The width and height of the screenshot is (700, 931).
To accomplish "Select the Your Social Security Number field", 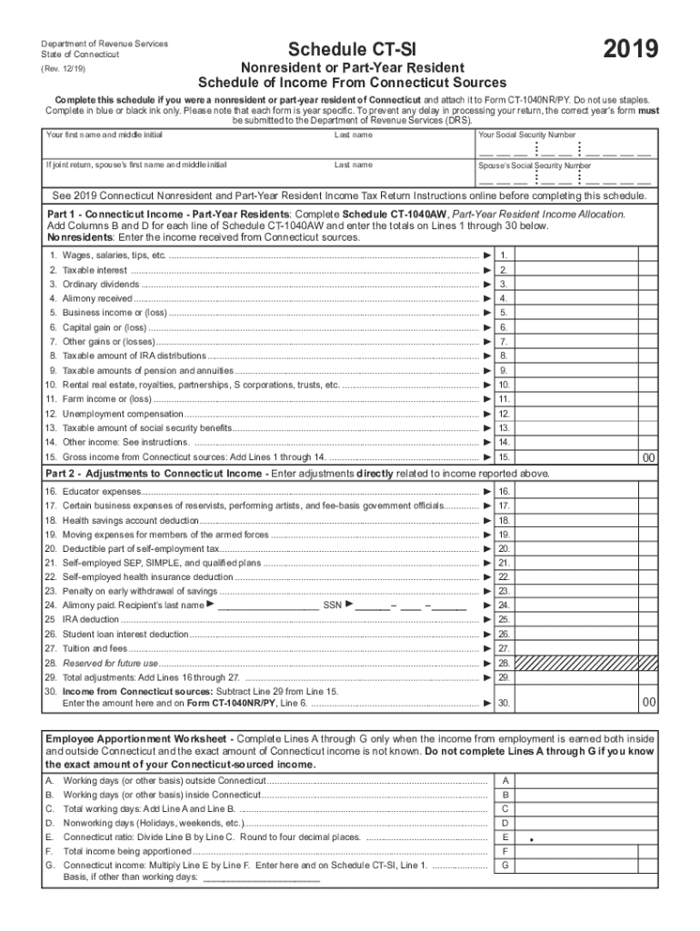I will pyautogui.click(x=565, y=149).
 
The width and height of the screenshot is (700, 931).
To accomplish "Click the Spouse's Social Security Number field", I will pyautogui.click(x=565, y=179).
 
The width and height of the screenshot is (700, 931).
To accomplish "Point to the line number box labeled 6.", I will pyautogui.click(x=504, y=327).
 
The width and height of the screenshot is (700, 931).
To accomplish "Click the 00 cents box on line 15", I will pyautogui.click(x=648, y=457).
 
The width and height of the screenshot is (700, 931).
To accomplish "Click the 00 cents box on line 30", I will pyautogui.click(x=648, y=703).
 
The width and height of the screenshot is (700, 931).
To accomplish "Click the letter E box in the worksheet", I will pyautogui.click(x=505, y=836).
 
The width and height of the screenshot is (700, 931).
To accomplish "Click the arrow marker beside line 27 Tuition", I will pyautogui.click(x=487, y=648).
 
